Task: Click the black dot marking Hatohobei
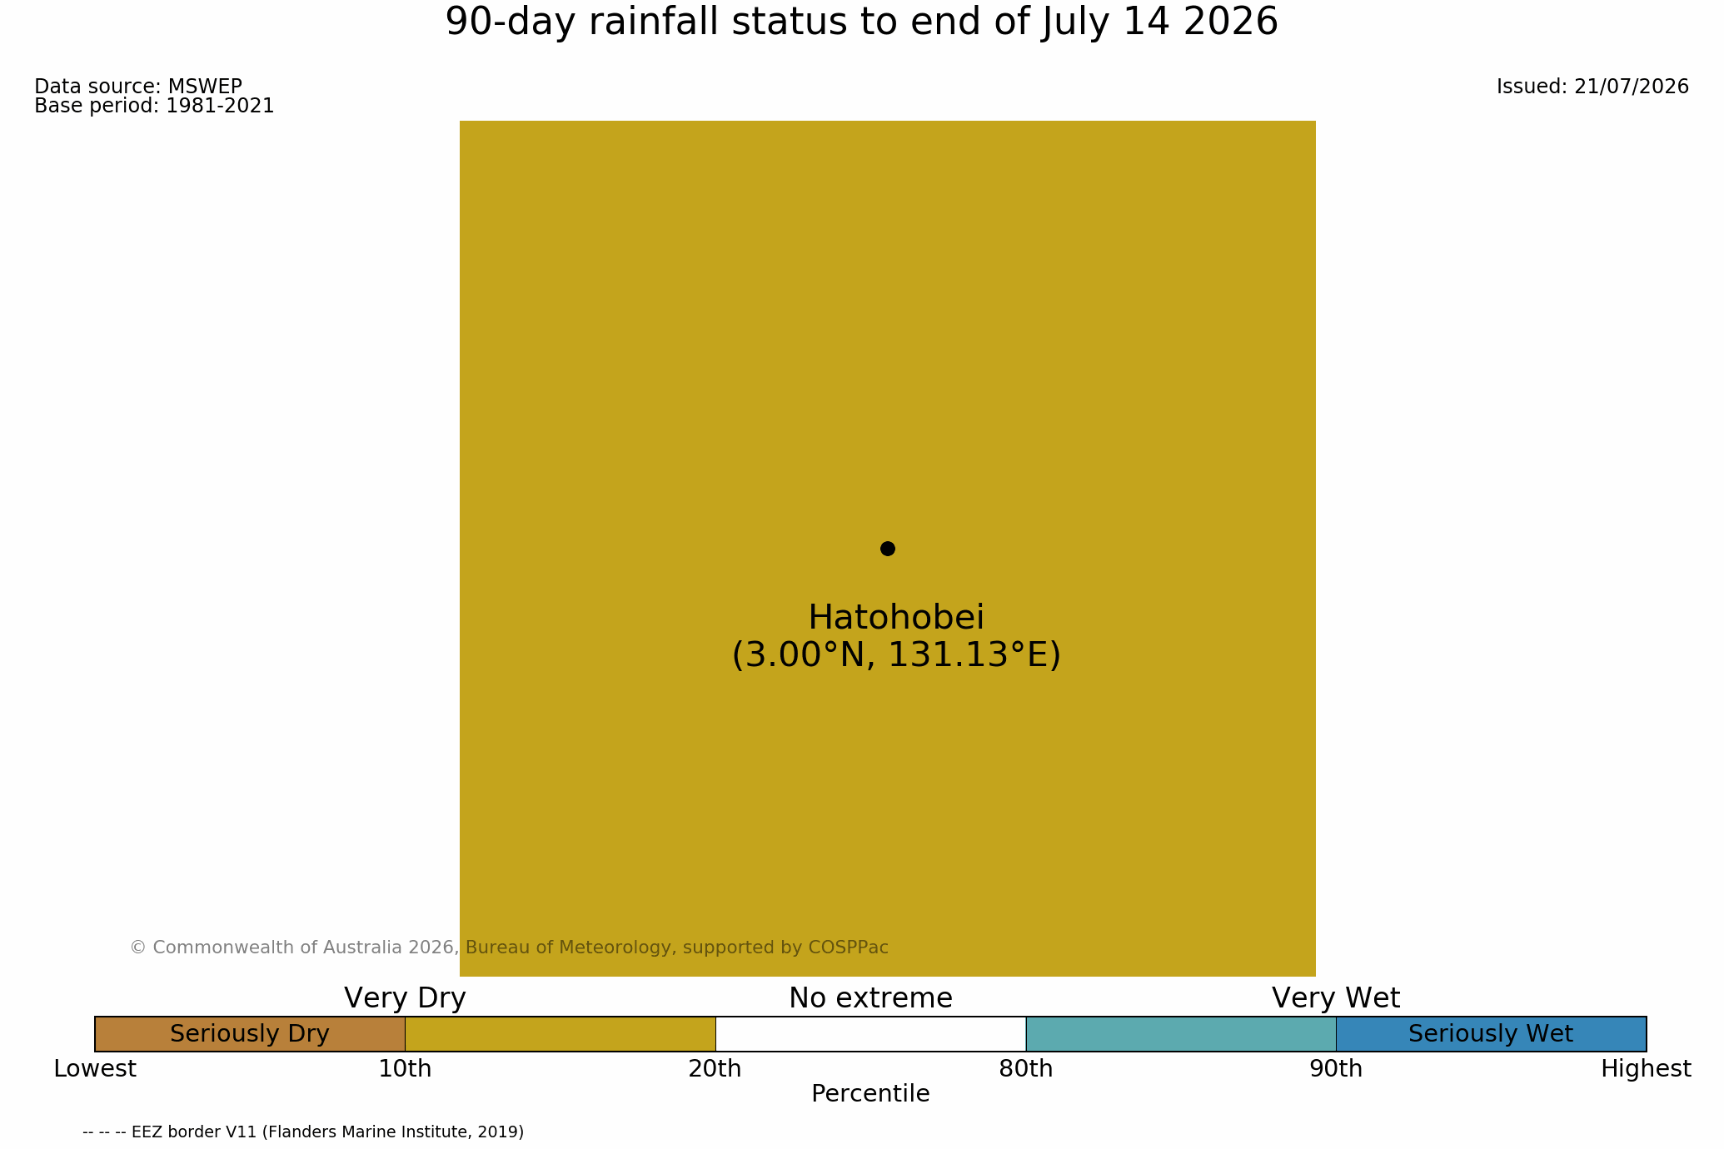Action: tap(888, 549)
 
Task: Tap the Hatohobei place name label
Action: tap(896, 618)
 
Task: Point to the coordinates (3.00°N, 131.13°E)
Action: tap(896, 655)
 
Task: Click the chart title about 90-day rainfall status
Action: tap(861, 22)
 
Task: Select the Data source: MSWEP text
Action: tap(138, 87)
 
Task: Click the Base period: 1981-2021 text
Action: tap(154, 106)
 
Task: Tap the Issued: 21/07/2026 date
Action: tap(1592, 87)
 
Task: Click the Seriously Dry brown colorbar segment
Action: tap(250, 1034)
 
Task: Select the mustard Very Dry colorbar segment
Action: tap(561, 1034)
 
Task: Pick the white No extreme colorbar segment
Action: tap(870, 1034)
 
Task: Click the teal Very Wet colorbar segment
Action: tap(1181, 1034)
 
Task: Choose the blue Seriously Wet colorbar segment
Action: tap(1491, 1034)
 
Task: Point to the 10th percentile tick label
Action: tap(405, 1069)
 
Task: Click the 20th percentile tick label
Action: tap(715, 1069)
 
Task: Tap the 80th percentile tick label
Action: tap(1026, 1069)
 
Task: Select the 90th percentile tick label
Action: tap(1336, 1069)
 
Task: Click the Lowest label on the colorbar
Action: tap(95, 1069)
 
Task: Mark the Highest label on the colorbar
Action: tap(1647, 1069)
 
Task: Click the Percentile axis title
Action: tap(870, 1094)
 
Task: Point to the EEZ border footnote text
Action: tap(303, 1132)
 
